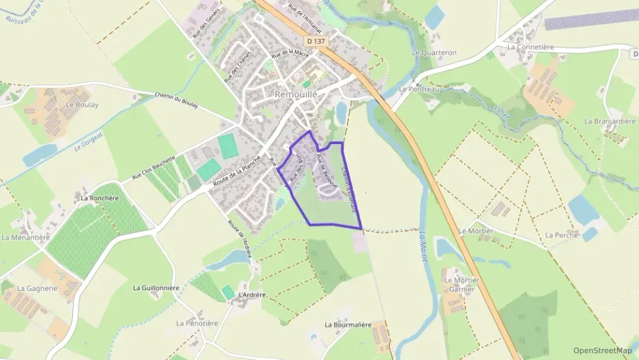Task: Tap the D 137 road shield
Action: [316, 41]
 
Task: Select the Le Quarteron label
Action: [434, 52]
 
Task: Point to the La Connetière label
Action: [530, 47]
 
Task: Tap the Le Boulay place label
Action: [82, 105]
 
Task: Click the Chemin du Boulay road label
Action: [175, 100]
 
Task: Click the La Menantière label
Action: [26, 238]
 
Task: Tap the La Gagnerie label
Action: [37, 288]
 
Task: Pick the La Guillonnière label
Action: [156, 288]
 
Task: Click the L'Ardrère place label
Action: [251, 295]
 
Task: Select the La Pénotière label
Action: [197, 322]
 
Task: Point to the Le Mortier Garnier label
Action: [462, 284]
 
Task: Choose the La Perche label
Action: [562, 235]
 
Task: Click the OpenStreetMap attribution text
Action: [603, 350]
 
